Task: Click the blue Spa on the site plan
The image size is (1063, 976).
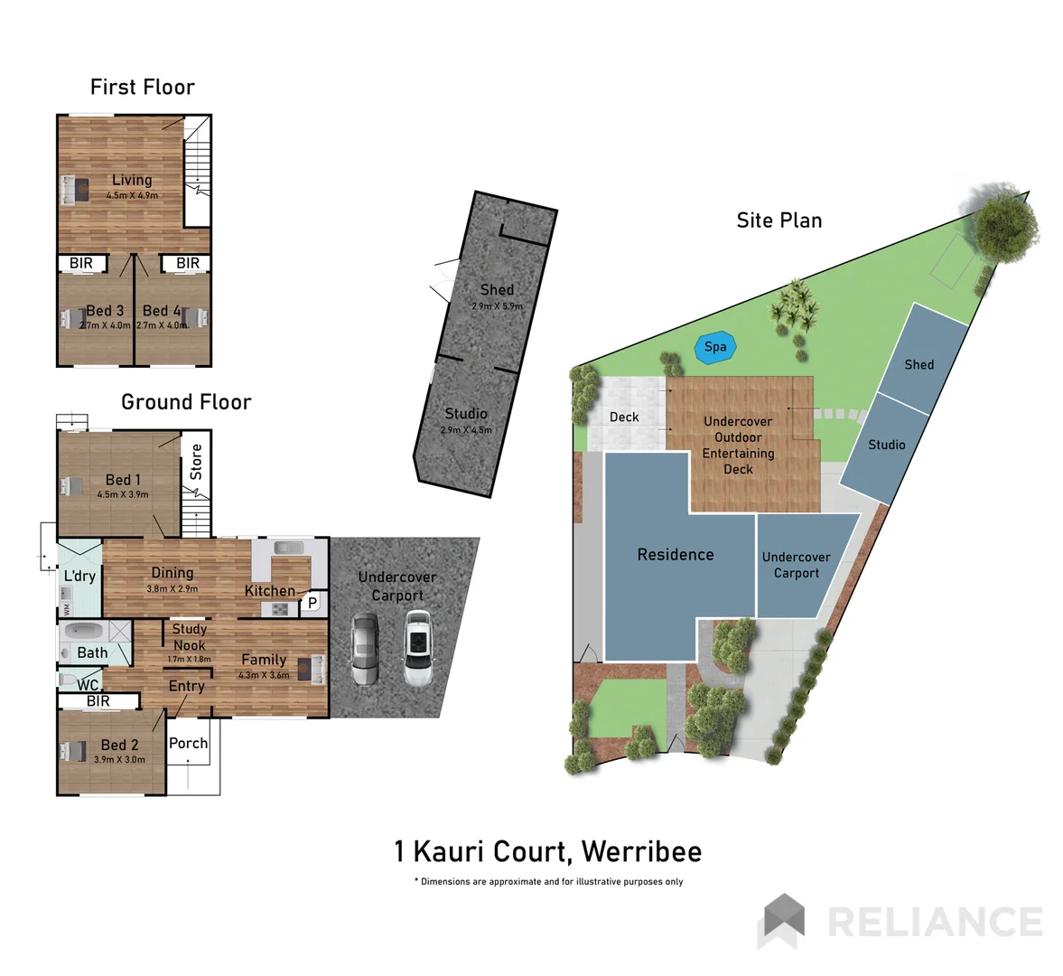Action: tap(715, 347)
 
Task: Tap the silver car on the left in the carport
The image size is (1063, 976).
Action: tap(365, 651)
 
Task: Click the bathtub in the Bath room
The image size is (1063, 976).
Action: tap(82, 631)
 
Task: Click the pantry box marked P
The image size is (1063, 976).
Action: tap(312, 602)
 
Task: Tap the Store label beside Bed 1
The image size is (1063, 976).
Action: tap(196, 462)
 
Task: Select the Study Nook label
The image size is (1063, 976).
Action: tap(189, 637)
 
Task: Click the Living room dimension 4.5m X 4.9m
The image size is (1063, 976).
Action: tap(132, 195)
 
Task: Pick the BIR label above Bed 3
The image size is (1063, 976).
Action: tap(81, 263)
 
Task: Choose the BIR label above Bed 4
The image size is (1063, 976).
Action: tap(187, 263)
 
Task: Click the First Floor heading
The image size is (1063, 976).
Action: tap(142, 87)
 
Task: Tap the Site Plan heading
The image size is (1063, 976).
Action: tap(779, 221)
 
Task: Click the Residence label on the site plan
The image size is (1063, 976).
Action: tap(675, 555)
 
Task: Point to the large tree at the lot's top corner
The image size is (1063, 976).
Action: tap(1005, 221)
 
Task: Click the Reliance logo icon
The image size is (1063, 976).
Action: tap(781, 920)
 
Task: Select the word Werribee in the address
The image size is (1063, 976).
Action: tap(641, 851)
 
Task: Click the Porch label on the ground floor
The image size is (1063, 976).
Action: tap(188, 743)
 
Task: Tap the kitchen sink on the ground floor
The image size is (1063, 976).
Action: tap(288, 548)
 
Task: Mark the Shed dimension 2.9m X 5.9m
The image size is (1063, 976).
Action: tap(497, 306)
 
